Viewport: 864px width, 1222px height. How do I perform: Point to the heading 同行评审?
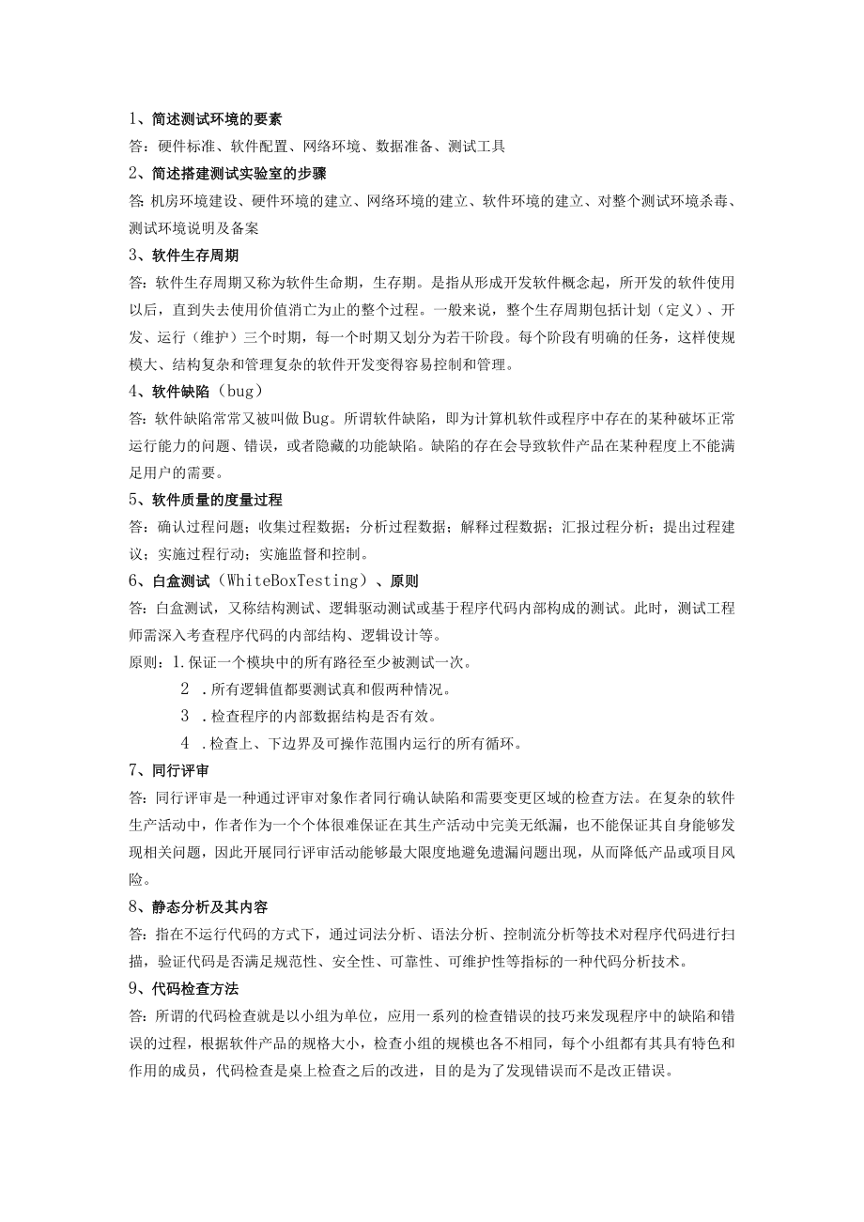coord(179,770)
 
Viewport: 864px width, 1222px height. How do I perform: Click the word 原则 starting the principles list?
coord(143,662)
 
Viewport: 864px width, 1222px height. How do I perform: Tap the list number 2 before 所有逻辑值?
coord(186,689)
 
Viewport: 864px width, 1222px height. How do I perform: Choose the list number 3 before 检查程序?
coord(186,717)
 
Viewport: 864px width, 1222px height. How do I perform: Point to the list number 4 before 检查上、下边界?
coord(186,744)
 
